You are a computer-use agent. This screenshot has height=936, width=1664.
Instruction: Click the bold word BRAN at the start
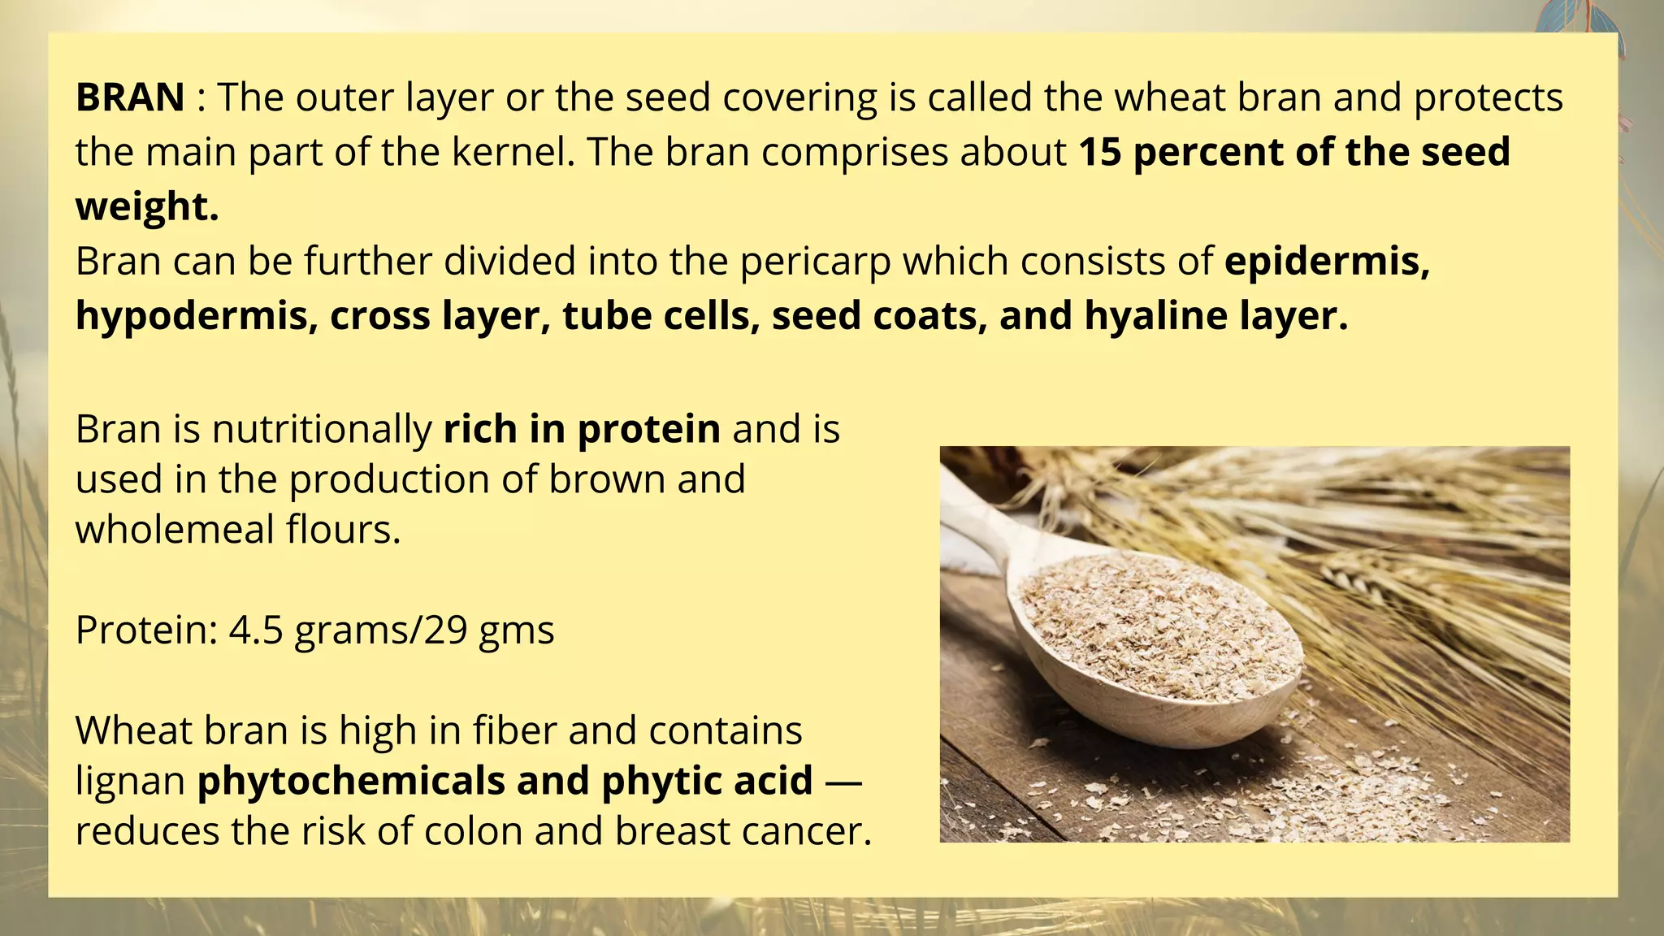coord(130,97)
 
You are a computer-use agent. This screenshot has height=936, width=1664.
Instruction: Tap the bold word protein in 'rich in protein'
coord(648,430)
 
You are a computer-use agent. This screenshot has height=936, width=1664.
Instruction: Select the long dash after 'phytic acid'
coord(843,782)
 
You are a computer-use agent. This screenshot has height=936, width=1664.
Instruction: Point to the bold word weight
coord(146,206)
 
